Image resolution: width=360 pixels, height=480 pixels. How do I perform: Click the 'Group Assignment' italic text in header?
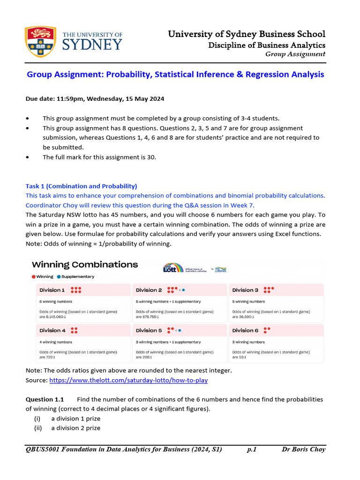[x=295, y=54]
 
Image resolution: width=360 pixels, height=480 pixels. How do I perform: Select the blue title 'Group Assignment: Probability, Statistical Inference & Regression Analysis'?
[x=175, y=75]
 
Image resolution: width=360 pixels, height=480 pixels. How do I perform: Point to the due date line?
[x=95, y=99]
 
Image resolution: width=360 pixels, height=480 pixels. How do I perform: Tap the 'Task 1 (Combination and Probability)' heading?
[x=81, y=186]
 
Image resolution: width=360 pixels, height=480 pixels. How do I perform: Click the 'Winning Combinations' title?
[x=84, y=264]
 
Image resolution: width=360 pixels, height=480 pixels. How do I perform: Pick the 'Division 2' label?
[x=149, y=290]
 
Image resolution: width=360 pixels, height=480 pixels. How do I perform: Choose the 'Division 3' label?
[x=245, y=290]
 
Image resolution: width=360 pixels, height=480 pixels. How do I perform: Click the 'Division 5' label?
[x=149, y=330]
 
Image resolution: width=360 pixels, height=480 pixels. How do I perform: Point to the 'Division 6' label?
[x=245, y=330]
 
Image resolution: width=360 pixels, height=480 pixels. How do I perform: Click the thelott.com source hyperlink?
[x=128, y=380]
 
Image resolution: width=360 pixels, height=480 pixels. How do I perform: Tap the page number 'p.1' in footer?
[x=252, y=450]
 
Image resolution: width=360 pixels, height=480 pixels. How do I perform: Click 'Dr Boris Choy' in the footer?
[x=303, y=450]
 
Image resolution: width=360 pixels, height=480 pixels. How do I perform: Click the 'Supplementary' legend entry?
[x=75, y=277]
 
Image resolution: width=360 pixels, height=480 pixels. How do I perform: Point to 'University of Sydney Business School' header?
[x=247, y=34]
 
